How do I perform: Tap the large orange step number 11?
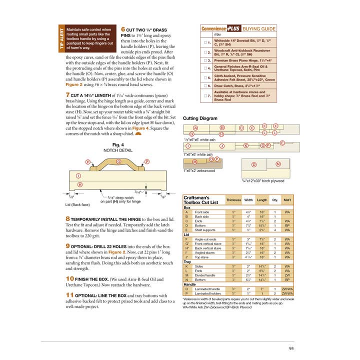coord(70,295)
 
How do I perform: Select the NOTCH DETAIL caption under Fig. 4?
coord(118,149)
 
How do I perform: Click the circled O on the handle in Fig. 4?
coord(118,162)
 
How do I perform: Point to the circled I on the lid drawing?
coord(78,176)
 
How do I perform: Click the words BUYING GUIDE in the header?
coord(259,28)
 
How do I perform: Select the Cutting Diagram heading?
coord(200,118)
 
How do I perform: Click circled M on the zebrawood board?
coord(195,162)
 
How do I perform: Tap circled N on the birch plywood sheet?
coord(278,164)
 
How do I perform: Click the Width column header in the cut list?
coord(248,200)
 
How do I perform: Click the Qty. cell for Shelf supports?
coord(274,230)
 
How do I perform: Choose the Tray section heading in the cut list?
coord(187,261)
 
